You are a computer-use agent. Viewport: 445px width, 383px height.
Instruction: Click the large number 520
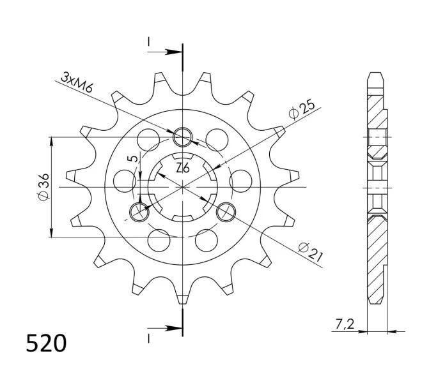[46, 343]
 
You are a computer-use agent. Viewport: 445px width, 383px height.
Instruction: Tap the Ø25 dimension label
[302, 109]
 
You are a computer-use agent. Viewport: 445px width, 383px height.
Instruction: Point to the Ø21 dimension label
[311, 252]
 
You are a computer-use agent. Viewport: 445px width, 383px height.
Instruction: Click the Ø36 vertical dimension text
[43, 188]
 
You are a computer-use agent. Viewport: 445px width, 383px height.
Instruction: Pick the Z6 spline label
[182, 169]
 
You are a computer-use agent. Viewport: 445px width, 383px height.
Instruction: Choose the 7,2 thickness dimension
[345, 324]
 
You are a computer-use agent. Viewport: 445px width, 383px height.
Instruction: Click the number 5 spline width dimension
[134, 159]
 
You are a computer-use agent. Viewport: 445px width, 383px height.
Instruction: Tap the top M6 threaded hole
[183, 137]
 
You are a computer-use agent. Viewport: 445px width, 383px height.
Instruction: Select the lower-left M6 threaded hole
[139, 211]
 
